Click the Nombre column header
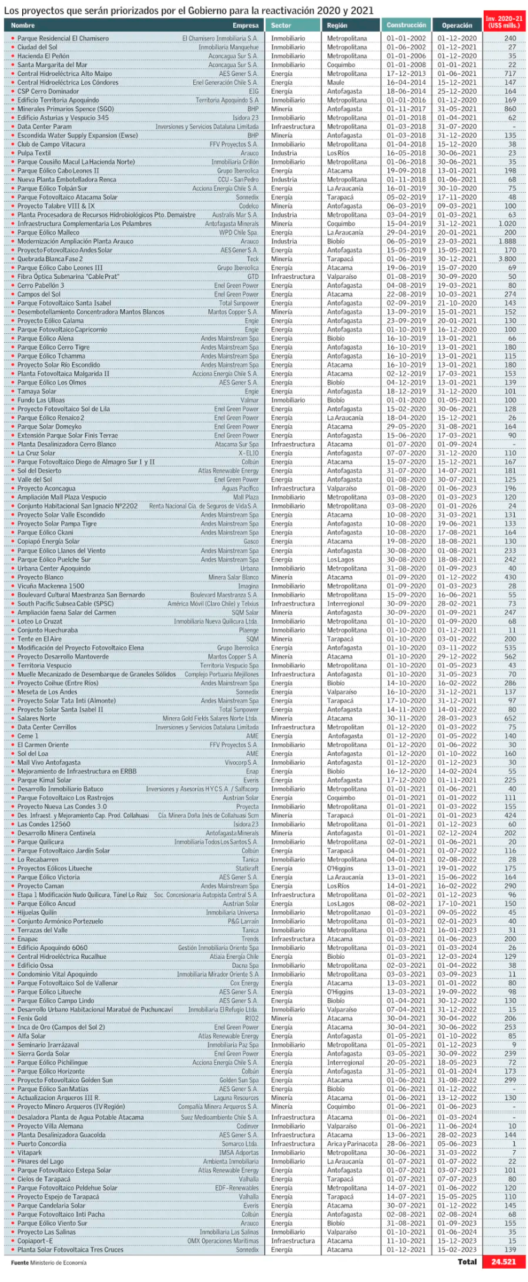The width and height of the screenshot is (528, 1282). pos(23,25)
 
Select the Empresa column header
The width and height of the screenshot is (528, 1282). pos(245,25)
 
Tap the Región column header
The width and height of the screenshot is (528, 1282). pos(337,25)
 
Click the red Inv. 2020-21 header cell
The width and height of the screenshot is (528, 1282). pos(504,22)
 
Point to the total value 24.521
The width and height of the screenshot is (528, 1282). pos(504,1262)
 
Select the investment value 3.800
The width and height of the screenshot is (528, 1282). pos(506,259)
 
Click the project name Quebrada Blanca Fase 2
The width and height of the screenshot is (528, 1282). pos(50,259)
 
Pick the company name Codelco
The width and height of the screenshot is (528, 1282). pos(248,206)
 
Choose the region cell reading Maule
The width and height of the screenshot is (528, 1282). pos(336,82)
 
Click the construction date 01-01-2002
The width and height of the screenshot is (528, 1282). pos(406,39)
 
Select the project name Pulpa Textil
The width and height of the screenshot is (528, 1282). pos(34,153)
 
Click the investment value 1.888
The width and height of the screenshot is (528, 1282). pos(507,241)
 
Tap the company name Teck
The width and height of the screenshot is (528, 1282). pos(252,259)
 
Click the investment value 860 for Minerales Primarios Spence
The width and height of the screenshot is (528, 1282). pos(510,109)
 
